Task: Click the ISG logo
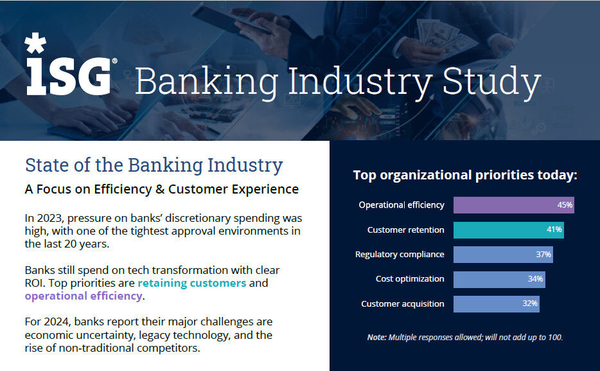click(68, 76)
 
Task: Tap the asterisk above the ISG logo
click(35, 44)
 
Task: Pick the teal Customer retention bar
click(508, 230)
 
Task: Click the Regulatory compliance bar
click(503, 254)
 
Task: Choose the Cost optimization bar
click(499, 279)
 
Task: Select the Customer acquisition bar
click(496, 303)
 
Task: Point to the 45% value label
click(565, 205)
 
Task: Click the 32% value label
click(530, 303)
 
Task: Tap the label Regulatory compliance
click(400, 254)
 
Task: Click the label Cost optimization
click(410, 279)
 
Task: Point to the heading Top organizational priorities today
click(465, 175)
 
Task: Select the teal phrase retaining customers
click(192, 283)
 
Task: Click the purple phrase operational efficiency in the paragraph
click(83, 296)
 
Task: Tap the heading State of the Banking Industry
click(154, 165)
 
